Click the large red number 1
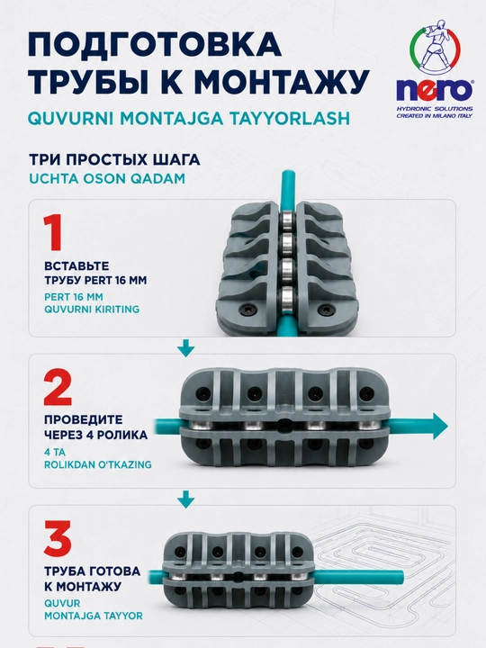coord(53,232)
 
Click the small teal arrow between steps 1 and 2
coord(185,348)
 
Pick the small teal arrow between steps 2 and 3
coord(185,499)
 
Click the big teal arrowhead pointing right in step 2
coord(438,426)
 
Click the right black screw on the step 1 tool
coord(325,310)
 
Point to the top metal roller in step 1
coord(285,220)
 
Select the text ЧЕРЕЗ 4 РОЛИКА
coord(96,435)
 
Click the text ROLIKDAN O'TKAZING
coord(98,464)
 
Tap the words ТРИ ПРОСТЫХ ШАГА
coord(114,160)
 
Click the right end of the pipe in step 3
coord(402,576)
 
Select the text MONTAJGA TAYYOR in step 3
coord(94,616)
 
